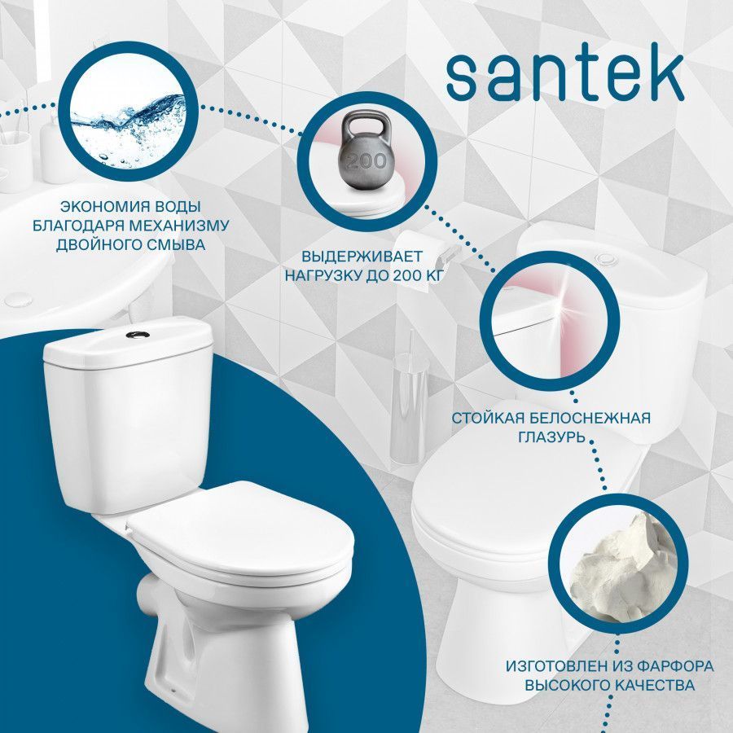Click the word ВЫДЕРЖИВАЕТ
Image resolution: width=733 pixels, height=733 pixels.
click(x=362, y=257)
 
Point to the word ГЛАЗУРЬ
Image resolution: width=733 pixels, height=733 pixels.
click(x=551, y=437)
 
